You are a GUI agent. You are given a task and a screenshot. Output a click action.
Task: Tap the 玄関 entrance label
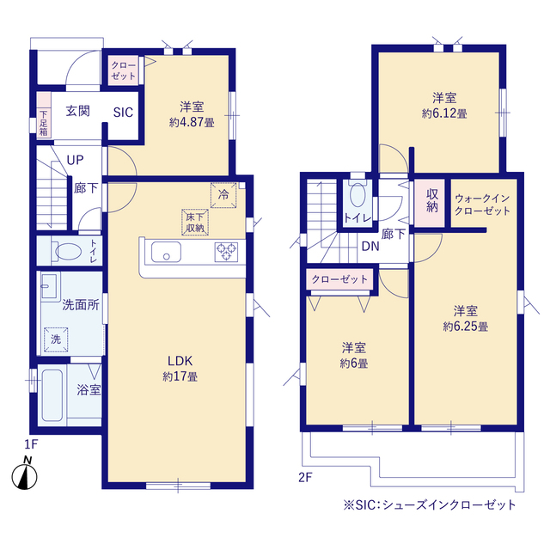point(78,110)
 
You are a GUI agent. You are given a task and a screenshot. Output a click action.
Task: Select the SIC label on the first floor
point(122,111)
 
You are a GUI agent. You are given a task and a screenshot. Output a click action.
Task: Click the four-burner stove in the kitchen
point(226,251)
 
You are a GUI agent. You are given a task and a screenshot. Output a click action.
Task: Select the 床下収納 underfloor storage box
point(193,222)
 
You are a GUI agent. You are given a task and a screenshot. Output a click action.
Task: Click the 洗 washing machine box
point(55,339)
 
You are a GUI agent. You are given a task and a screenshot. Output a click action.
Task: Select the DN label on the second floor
point(370,247)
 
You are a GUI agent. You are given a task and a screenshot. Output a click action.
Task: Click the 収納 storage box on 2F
point(431,201)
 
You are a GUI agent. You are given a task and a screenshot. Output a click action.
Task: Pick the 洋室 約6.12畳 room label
point(437,105)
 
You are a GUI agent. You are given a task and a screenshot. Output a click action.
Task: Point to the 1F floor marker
point(31,443)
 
